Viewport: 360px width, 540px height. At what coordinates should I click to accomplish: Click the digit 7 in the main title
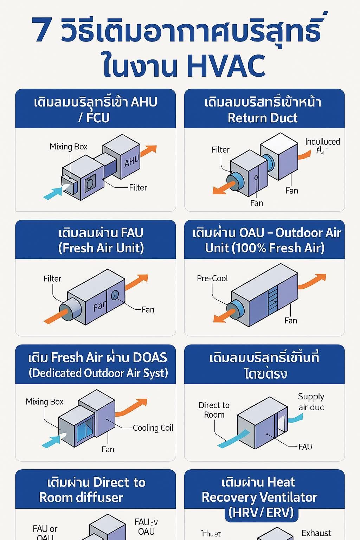click(x=41, y=30)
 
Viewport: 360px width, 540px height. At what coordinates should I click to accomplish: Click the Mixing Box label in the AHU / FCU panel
click(x=68, y=147)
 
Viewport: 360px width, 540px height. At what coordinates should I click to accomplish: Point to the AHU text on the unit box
click(x=131, y=162)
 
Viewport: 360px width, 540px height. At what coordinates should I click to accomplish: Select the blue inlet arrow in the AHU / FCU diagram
click(x=53, y=193)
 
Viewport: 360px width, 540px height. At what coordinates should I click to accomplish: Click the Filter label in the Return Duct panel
click(x=220, y=150)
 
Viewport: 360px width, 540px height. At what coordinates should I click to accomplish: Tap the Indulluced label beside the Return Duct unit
click(x=322, y=142)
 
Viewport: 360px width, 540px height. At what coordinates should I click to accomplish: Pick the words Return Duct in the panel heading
click(x=263, y=118)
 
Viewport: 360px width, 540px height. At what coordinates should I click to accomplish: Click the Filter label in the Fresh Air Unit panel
click(x=52, y=279)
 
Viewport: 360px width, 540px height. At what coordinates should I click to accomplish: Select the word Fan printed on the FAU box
click(x=99, y=307)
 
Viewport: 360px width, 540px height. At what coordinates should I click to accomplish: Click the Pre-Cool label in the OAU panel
click(x=212, y=278)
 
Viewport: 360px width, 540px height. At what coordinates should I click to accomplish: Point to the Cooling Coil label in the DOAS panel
click(x=153, y=428)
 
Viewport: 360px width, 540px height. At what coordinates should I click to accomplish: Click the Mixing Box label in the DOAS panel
click(x=45, y=401)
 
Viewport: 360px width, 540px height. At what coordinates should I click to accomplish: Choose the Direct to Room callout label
click(x=214, y=410)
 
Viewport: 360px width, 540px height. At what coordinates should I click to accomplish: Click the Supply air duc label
click(x=311, y=402)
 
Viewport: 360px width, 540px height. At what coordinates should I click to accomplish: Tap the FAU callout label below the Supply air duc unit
click(x=305, y=447)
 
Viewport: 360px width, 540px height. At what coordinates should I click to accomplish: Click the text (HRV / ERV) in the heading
click(x=261, y=512)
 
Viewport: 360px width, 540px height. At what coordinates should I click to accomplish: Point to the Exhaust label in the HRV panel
click(x=316, y=533)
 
